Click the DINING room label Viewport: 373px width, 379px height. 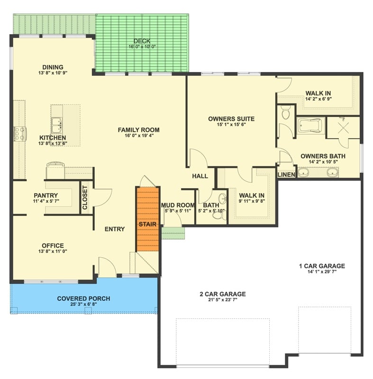pos(53,67)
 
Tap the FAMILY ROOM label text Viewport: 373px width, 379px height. pos(138,130)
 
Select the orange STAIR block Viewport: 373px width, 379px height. pos(147,219)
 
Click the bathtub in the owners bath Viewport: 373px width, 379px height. pos(309,126)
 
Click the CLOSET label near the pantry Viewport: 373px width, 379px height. pos(85,197)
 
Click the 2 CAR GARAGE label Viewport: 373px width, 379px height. pos(222,294)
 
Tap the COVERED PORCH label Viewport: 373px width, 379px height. pos(83,298)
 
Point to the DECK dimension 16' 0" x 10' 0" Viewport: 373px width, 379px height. pos(142,47)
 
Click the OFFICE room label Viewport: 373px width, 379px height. pos(53,245)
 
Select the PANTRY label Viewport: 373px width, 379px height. pos(46,195)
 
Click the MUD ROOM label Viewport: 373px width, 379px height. pos(178,205)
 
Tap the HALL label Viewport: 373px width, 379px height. pos(200,176)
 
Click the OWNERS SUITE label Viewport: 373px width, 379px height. pos(231,119)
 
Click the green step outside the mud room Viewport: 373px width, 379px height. pos(173,233)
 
